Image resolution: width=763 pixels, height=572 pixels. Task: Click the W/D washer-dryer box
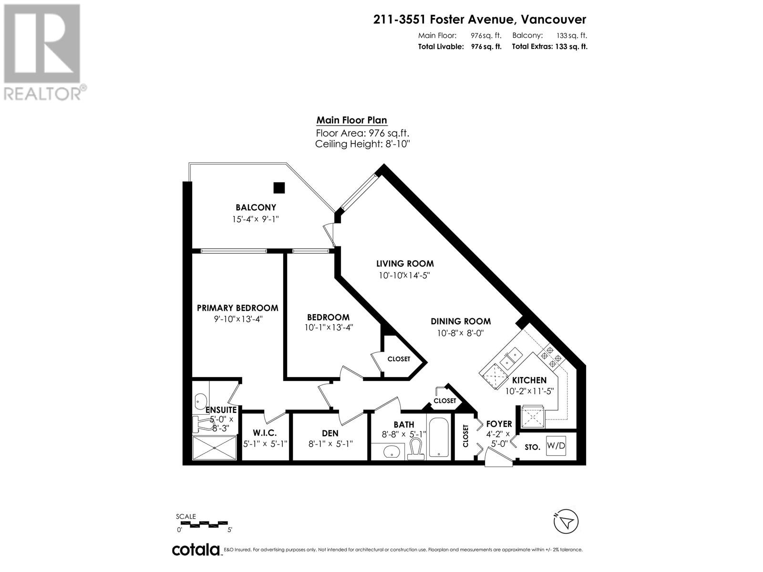(556, 445)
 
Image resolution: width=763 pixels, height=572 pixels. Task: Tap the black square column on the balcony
(278, 188)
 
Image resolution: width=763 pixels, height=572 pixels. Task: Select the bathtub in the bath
(438, 437)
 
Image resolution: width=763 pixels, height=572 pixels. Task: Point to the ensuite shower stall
(215, 448)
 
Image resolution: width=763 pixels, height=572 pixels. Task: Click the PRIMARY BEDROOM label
(237, 308)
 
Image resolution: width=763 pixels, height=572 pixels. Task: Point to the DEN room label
(330, 433)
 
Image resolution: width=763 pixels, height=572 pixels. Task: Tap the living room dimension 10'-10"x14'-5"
(404, 275)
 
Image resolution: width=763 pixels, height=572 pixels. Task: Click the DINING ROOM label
(461, 321)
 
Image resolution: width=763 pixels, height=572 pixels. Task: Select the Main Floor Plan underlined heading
(351, 121)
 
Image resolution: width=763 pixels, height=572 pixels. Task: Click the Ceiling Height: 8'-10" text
(362, 144)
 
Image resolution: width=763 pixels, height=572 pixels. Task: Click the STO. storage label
(532, 447)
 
